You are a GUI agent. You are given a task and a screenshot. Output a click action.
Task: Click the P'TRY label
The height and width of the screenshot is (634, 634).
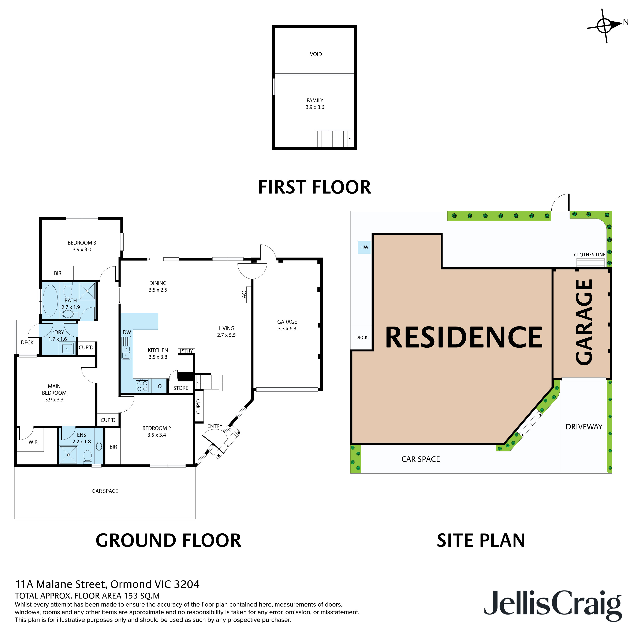pyautogui.click(x=186, y=351)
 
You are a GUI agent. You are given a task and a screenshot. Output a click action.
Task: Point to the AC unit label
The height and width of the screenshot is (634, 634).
pyautogui.click(x=244, y=295)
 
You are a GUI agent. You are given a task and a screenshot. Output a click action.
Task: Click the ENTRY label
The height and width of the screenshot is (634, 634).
pyautogui.click(x=215, y=426)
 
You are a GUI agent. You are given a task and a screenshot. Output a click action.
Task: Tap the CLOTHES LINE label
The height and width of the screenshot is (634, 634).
pyautogui.click(x=589, y=255)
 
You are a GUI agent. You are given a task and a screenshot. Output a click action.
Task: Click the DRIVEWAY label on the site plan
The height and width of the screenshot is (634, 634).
pyautogui.click(x=584, y=427)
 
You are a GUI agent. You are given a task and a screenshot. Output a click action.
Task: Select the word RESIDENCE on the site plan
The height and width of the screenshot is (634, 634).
pyautogui.click(x=464, y=338)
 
